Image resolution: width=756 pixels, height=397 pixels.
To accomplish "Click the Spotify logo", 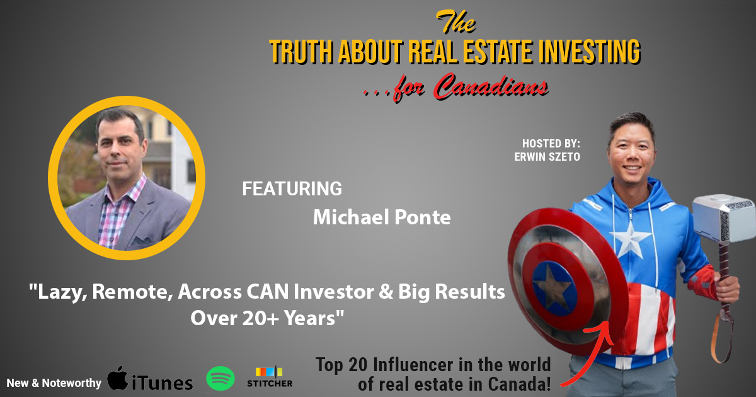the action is pyautogui.click(x=220, y=378).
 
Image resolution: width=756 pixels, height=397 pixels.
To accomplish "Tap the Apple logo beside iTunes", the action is pyautogui.click(x=117, y=378).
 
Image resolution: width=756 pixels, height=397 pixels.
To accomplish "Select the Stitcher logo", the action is pyautogui.click(x=270, y=377).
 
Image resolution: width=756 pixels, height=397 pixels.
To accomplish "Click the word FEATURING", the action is pyautogui.click(x=292, y=188).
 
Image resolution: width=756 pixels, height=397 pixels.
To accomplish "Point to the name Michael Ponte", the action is pyautogui.click(x=382, y=217).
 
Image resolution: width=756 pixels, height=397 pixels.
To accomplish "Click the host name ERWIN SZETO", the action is pyautogui.click(x=547, y=157).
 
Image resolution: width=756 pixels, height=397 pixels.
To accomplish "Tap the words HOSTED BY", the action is pyautogui.click(x=551, y=144).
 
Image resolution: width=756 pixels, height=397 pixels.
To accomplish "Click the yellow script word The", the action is pyautogui.click(x=455, y=21).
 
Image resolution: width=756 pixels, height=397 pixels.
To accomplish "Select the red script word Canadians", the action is pyautogui.click(x=490, y=86).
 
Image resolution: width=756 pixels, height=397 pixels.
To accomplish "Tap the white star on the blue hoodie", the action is pyautogui.click(x=630, y=238).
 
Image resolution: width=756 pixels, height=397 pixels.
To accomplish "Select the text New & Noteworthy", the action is pyautogui.click(x=54, y=383).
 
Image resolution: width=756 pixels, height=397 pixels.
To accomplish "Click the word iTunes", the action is pyautogui.click(x=163, y=383).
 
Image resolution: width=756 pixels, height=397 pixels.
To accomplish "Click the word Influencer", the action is pyautogui.click(x=413, y=365).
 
